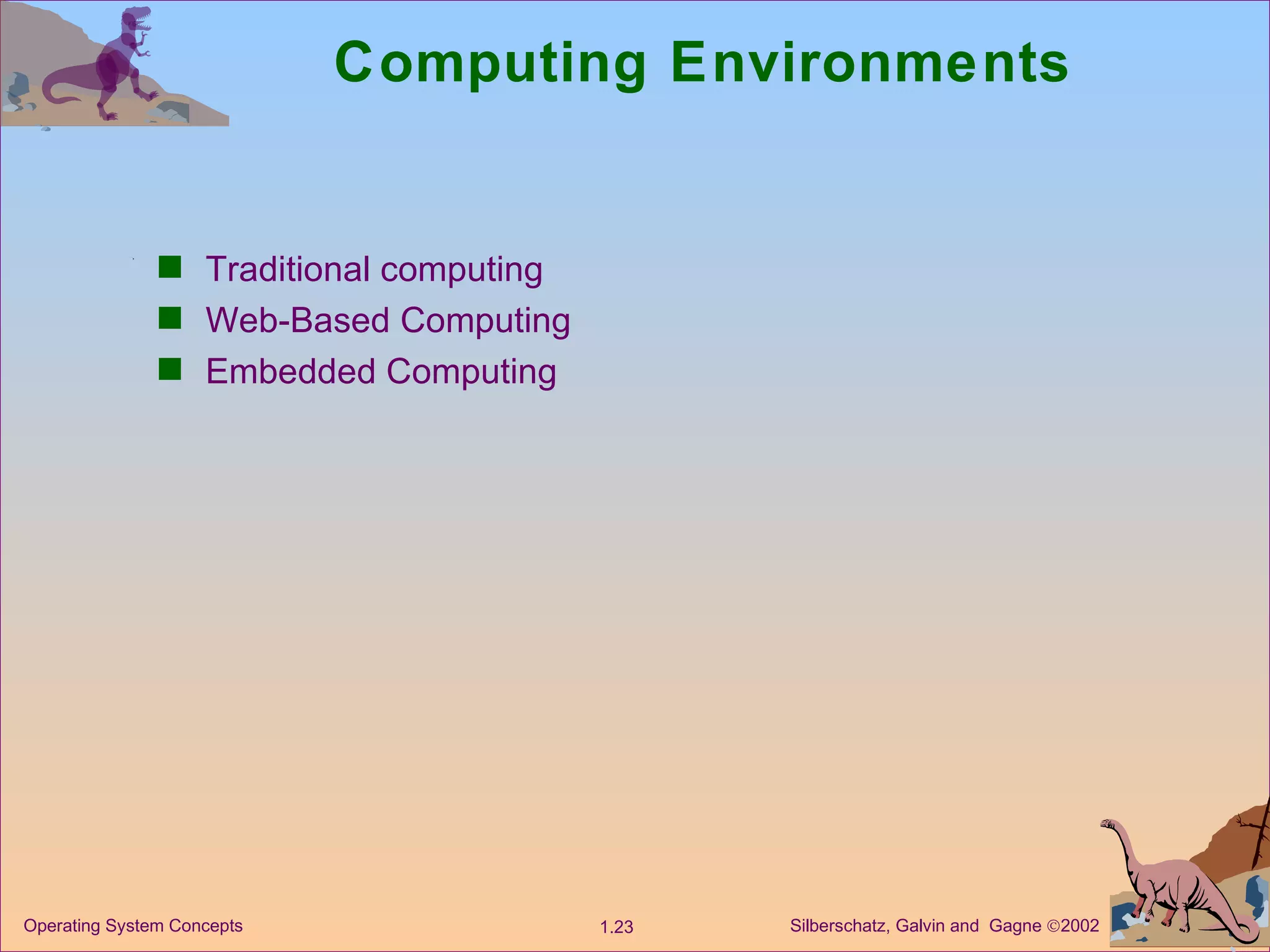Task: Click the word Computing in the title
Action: coord(491,63)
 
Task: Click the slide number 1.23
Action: coord(616,927)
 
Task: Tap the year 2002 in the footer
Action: coord(1080,926)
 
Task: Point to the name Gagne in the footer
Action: coord(1015,926)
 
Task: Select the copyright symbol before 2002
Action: coord(1053,927)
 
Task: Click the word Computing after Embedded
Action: coord(471,371)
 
